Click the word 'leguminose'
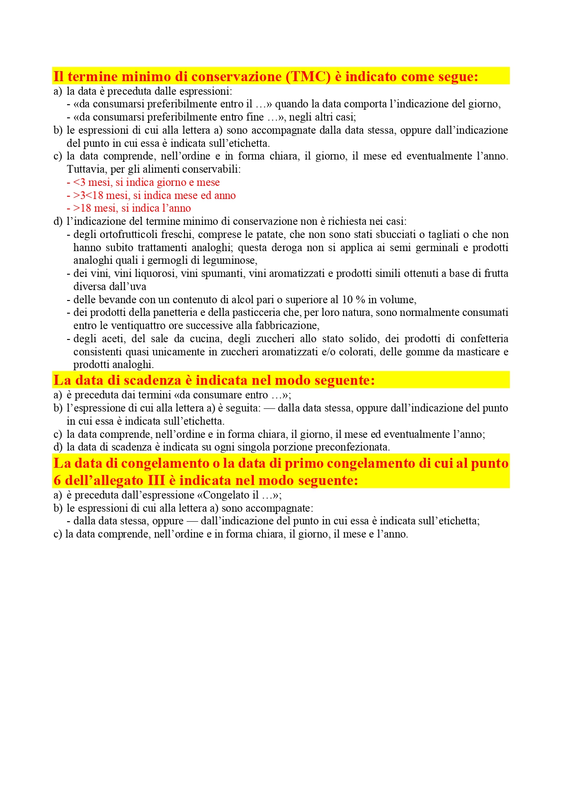click(231, 261)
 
